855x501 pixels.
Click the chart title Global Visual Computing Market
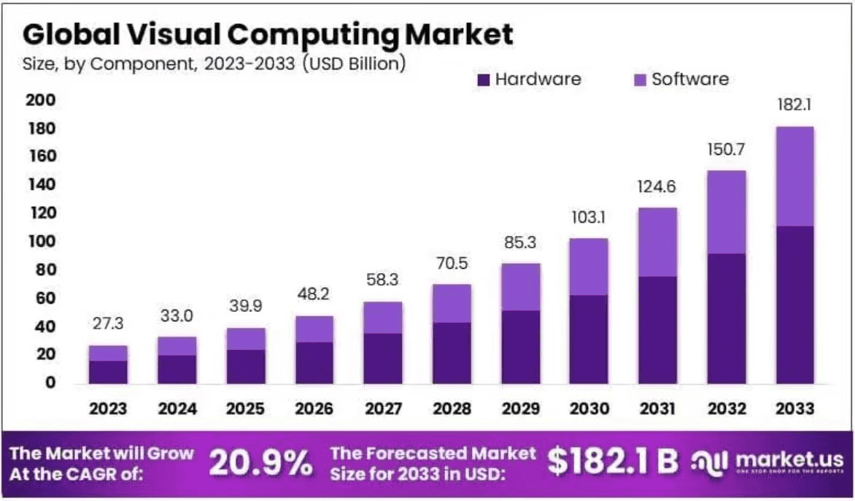tap(268, 34)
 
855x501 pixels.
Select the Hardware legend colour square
tap(483, 79)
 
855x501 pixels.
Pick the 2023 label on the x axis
tap(108, 409)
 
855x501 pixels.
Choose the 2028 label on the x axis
tap(452, 409)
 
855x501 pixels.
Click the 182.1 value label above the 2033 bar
tap(794, 105)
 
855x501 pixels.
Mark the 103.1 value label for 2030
tap(589, 217)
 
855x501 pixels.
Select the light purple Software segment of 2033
tap(794, 176)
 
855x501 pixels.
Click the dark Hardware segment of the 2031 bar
tap(657, 329)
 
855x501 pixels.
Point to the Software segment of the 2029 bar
tap(520, 286)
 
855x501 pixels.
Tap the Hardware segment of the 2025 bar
tap(246, 366)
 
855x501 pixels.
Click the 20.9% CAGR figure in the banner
tap(261, 462)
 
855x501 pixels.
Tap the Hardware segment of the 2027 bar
tap(383, 358)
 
